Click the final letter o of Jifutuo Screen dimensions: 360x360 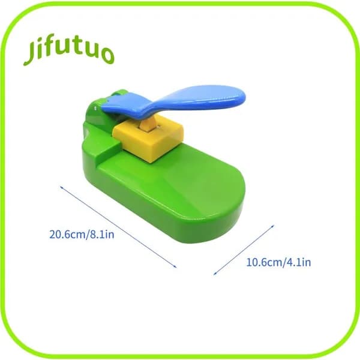coord(108,56)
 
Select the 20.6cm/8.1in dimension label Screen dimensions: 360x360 coord(82,235)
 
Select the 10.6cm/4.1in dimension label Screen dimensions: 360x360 coord(278,262)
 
